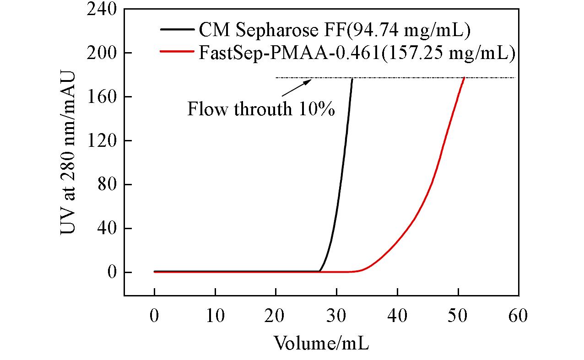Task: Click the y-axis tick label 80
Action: pos(107,185)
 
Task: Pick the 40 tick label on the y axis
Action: pos(107,229)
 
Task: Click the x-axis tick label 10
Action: pos(215,316)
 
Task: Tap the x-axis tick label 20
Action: pos(276,316)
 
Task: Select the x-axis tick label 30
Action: pos(337,316)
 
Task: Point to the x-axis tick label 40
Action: pos(397,316)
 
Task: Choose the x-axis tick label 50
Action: pos(458,316)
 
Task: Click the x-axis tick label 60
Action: pos(519,316)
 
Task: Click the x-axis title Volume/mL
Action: pos(321,342)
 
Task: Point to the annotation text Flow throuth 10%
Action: pos(261,110)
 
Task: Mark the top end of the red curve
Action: pos(465,78)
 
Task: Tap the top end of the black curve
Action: pos(352,78)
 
